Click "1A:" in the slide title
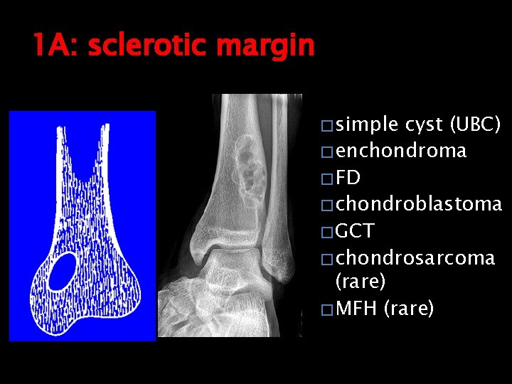click(56, 47)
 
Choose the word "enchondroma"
click(401, 151)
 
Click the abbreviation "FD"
click(348, 178)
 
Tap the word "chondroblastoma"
click(419, 204)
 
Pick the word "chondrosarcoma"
click(415, 257)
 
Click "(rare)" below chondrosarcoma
click(361, 282)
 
